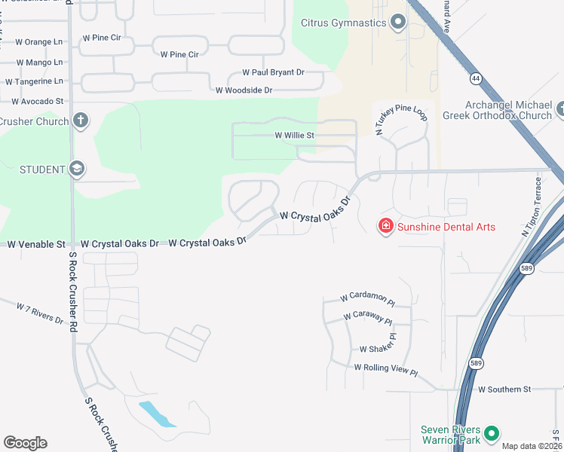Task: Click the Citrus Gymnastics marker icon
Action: pos(397,23)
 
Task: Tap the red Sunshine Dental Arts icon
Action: pos(385,225)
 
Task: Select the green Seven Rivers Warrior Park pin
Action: pos(492,433)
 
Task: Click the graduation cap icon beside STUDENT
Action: pos(76,169)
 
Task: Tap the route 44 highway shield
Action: pos(475,78)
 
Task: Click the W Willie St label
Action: pos(293,136)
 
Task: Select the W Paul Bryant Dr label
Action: pos(273,72)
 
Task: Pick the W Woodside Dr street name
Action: pos(244,90)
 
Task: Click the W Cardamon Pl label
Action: pos(367,299)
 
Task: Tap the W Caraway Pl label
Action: pos(368,319)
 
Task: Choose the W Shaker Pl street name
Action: pos(377,349)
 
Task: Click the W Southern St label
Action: pos(504,389)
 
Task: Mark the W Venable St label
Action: pos(36,244)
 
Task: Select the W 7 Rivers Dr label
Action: pos(40,313)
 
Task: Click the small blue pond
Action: pos(157,414)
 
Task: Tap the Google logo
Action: pos(25,443)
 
